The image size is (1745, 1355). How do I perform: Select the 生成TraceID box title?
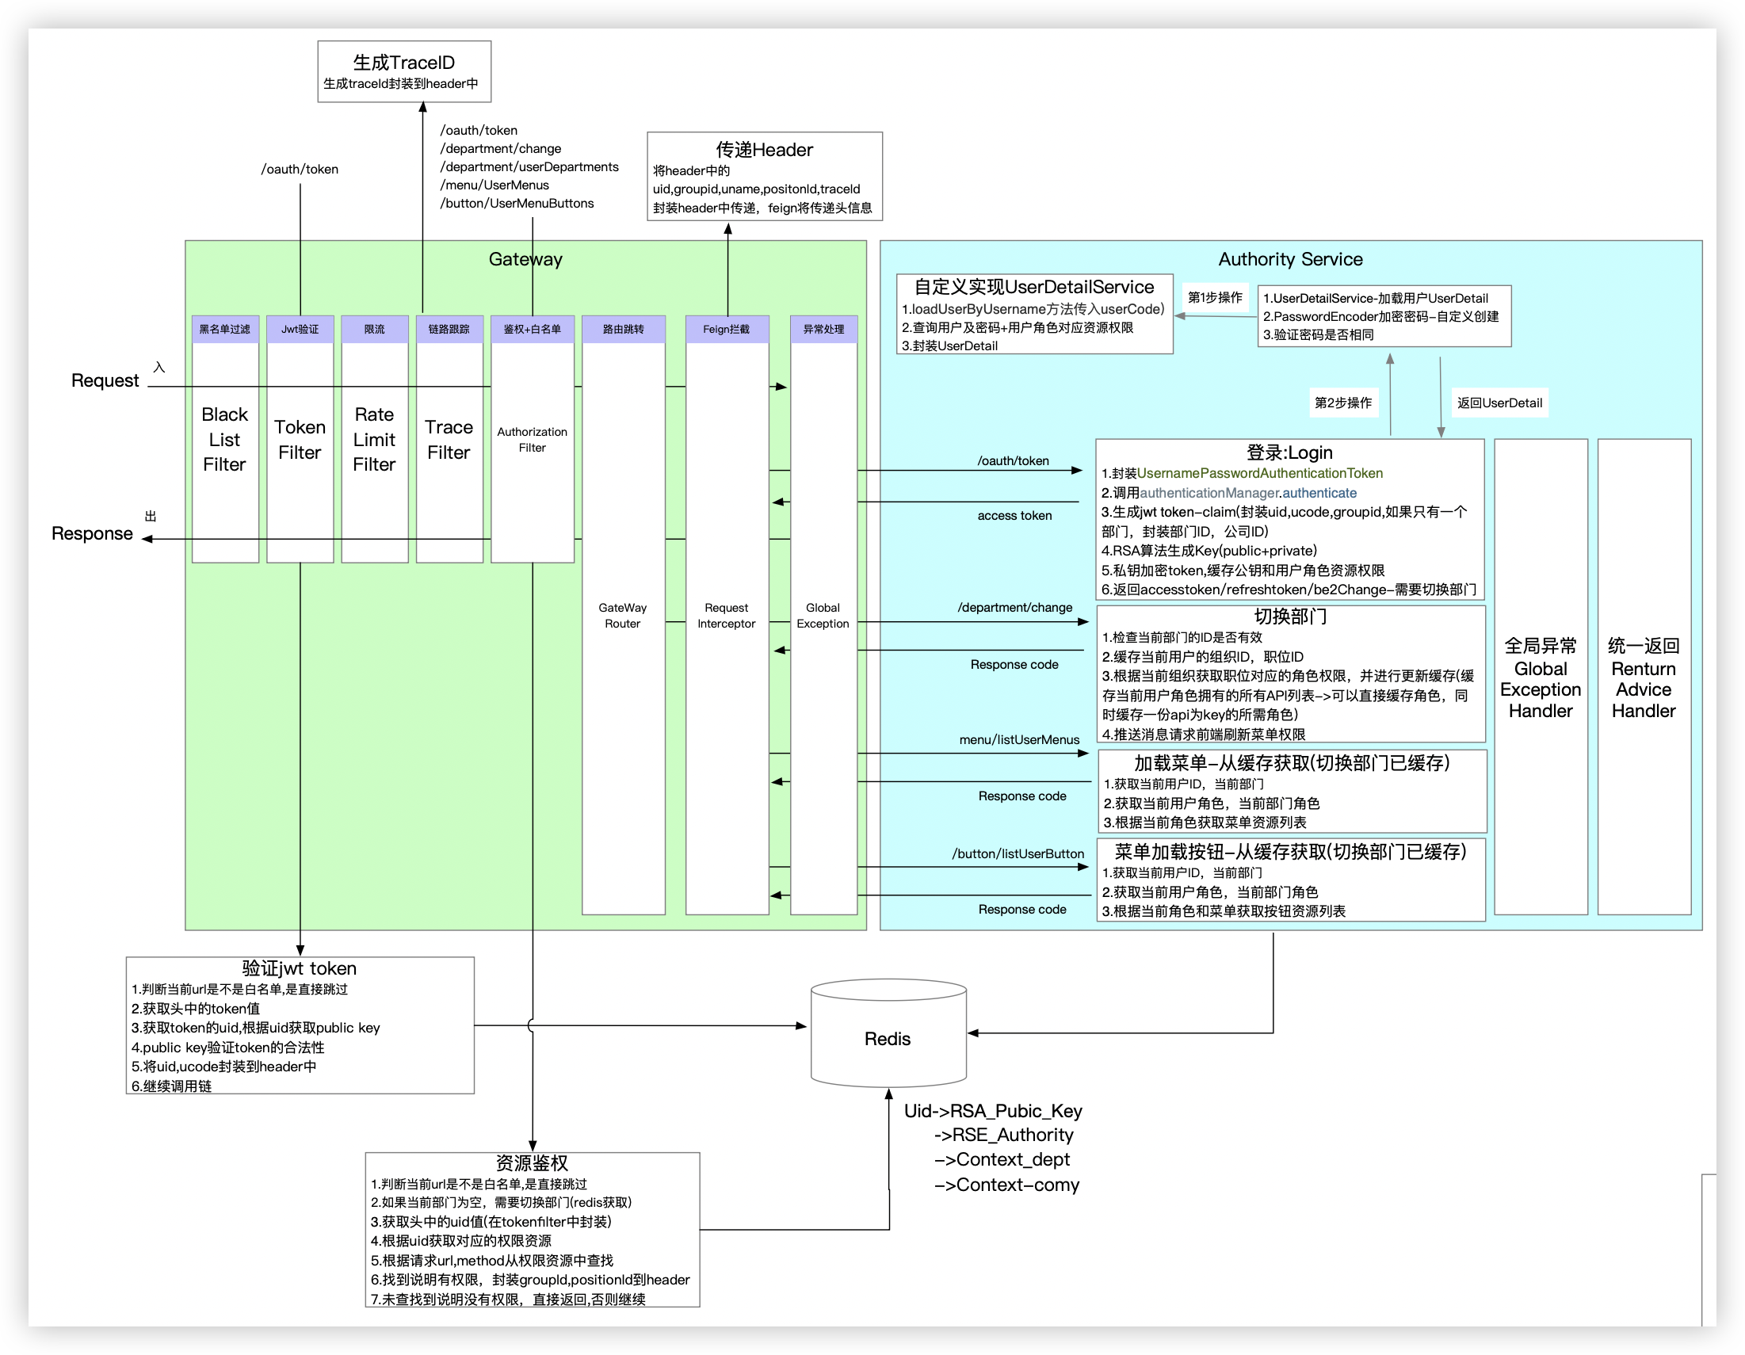pos(403,63)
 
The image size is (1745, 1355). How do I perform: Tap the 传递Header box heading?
pos(764,150)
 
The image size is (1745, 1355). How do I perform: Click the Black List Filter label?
pos(224,439)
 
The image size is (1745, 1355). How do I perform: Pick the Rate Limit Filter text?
pos(374,439)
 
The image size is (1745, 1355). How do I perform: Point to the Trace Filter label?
pos(449,439)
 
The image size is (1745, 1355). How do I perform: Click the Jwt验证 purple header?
pos(300,329)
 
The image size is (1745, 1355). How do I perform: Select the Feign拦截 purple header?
pos(726,329)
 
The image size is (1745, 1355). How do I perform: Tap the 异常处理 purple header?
pos(823,329)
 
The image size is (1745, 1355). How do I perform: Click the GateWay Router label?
pos(622,615)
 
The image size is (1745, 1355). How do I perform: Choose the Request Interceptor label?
pos(726,615)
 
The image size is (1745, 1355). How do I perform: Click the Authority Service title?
pos(1289,259)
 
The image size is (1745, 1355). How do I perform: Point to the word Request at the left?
pos(105,380)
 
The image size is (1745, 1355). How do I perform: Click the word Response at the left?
pos(92,533)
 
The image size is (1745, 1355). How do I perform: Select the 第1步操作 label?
pos(1215,297)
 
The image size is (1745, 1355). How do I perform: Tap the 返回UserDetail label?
pos(1499,403)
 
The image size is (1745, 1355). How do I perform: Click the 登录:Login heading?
pos(1289,452)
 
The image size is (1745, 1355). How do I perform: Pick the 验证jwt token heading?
pos(299,968)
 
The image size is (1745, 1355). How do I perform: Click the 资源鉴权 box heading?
pos(531,1162)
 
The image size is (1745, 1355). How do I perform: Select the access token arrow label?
pos(1014,515)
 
